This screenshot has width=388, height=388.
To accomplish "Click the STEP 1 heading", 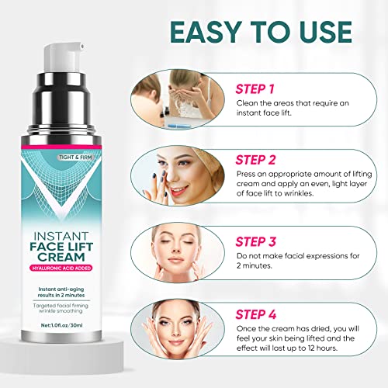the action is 255,89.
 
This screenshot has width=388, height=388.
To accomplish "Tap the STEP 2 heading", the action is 255,160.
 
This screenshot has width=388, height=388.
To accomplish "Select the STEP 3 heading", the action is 255,241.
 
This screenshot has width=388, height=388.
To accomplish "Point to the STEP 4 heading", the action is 255,314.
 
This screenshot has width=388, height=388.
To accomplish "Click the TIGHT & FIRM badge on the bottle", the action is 75,158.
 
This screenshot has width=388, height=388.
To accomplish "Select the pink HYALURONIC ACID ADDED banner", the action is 61,268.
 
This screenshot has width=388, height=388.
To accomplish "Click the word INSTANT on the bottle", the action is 61,236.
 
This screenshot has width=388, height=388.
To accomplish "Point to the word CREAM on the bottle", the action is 61,257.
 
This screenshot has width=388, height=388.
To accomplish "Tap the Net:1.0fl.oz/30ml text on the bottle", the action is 61,325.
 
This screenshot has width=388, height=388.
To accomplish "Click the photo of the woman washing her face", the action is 178,99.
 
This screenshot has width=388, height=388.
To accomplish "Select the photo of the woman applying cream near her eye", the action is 178,176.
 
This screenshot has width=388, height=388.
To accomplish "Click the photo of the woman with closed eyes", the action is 178,253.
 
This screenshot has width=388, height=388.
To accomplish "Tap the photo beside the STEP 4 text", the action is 178,329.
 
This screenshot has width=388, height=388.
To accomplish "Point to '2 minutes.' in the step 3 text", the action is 254,265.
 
